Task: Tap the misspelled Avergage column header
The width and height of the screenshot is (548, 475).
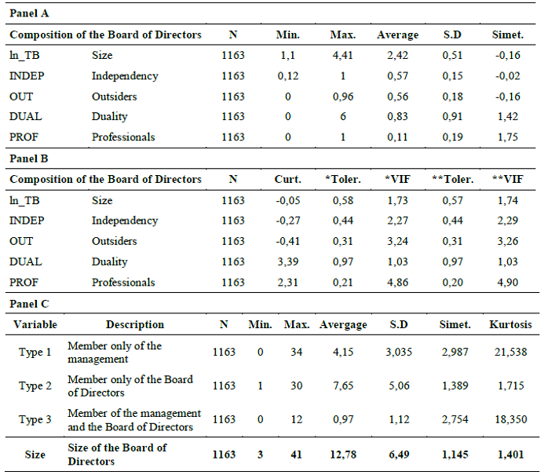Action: [x=343, y=324]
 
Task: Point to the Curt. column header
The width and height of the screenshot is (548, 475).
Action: [x=288, y=179]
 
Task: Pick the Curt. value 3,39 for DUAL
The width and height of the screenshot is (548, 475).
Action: [x=288, y=261]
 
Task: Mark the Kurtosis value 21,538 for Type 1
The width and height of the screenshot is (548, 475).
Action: [x=511, y=352]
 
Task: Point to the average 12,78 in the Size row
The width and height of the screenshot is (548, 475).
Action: [x=343, y=453]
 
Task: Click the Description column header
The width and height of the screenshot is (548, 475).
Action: [x=135, y=324]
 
